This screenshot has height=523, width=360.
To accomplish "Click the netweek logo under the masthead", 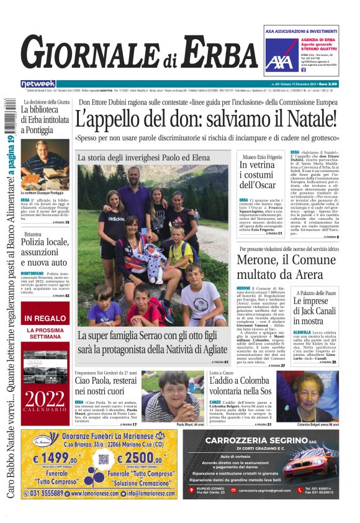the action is click(38, 84).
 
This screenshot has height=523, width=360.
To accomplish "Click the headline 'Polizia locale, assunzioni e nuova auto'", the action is click(45, 250).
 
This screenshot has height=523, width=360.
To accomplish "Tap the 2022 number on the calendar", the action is click(45, 398).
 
